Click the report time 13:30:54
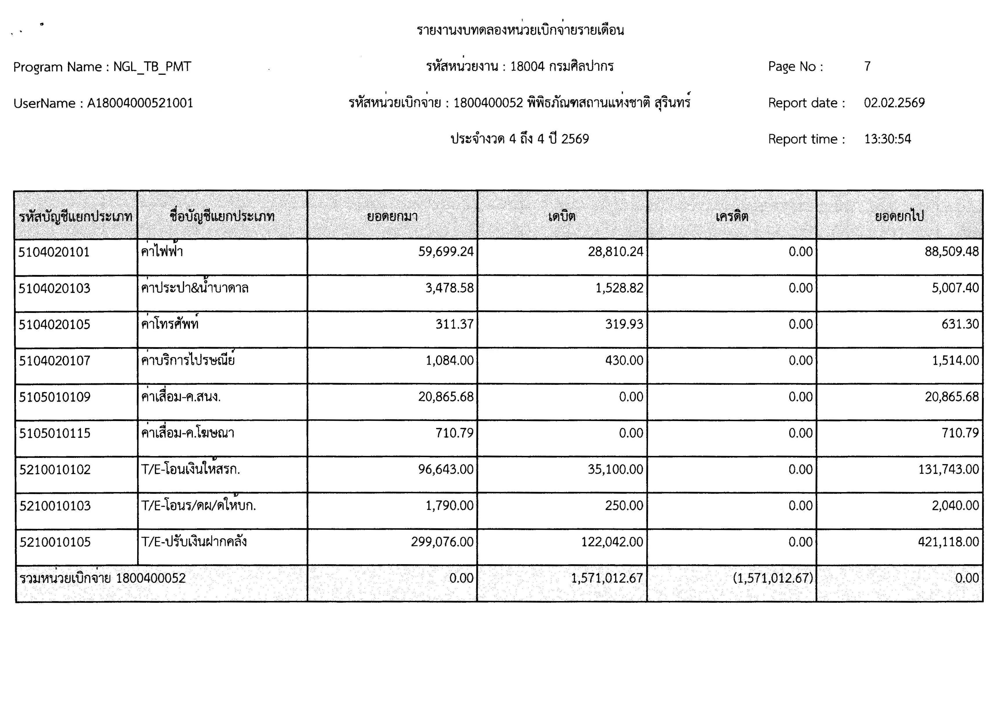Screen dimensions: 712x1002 pyautogui.click(x=887, y=139)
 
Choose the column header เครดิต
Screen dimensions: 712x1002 pyautogui.click(x=731, y=216)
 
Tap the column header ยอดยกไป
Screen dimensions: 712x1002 pyautogui.click(x=899, y=216)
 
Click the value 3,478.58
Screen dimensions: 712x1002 pyautogui.click(x=449, y=288)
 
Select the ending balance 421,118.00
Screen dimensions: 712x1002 pyautogui.click(x=948, y=542)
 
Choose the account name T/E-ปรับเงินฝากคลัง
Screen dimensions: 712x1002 pyautogui.click(x=194, y=542)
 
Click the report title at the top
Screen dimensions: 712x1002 pyautogui.click(x=520, y=30)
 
